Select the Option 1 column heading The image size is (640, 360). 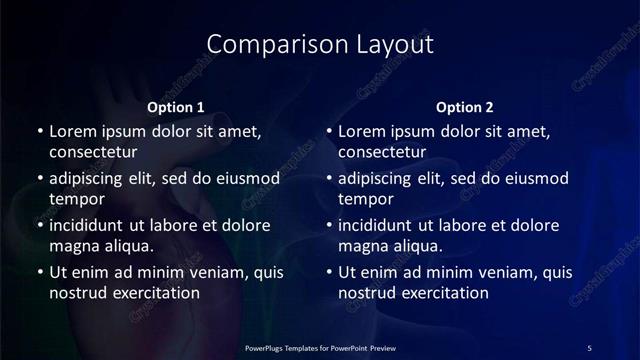point(175,107)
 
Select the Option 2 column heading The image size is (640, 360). point(465,107)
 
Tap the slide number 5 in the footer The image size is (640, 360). point(589,347)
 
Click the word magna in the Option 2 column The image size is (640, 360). point(363,246)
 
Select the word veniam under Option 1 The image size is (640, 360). point(212,272)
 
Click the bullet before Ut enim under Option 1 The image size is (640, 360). point(39,272)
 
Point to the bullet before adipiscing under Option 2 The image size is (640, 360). point(329,179)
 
